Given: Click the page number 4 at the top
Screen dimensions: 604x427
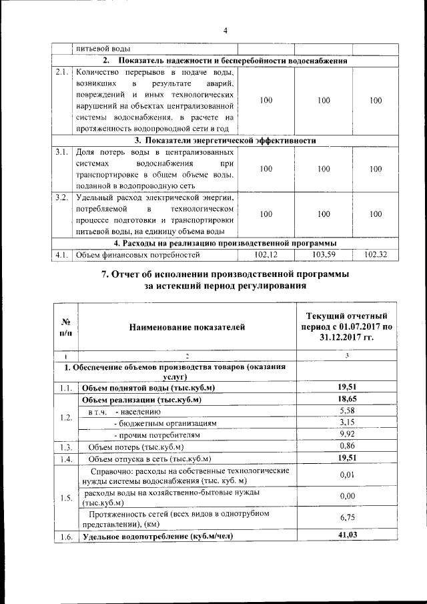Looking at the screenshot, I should coord(225,31).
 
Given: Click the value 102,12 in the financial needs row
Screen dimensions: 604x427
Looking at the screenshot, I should coord(266,254).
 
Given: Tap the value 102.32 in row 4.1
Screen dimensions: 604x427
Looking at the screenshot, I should coord(376,254).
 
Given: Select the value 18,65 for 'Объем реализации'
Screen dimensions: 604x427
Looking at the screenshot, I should coord(346,399).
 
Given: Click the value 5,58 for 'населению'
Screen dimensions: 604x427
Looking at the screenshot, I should coord(346,411).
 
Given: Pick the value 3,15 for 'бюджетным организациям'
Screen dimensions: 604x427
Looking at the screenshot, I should coord(346,422).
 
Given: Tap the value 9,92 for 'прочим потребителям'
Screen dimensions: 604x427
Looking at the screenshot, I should coord(346,434).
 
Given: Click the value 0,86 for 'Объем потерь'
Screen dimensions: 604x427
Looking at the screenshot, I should coord(346,446).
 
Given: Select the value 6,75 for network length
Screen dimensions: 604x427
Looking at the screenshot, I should coord(346,518).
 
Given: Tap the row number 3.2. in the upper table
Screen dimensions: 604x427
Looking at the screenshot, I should coord(63,198).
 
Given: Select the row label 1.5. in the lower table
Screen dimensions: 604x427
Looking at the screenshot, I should coord(65,497).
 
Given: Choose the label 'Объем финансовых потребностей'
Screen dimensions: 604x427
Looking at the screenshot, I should coord(137,254).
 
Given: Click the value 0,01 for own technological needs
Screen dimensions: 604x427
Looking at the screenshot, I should coord(346,475).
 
